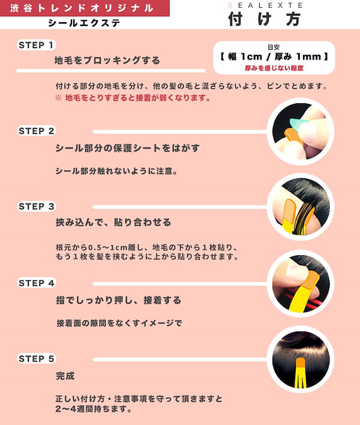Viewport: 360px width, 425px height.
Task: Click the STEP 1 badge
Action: click(36, 45)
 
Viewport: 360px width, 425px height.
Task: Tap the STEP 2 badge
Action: click(36, 131)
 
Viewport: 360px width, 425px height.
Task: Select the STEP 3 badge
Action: click(36, 206)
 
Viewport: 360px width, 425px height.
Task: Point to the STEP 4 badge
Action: click(36, 283)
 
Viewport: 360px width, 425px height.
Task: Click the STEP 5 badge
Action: click(36, 358)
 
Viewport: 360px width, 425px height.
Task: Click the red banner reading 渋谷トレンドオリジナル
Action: click(85, 8)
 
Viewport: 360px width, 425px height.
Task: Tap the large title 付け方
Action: click(265, 19)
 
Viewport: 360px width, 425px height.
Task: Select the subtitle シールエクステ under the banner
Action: click(84, 23)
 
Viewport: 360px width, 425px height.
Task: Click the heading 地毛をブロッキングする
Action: click(107, 60)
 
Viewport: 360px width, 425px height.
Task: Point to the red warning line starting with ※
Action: click(133, 98)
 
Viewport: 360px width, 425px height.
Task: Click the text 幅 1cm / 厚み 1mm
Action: click(274, 56)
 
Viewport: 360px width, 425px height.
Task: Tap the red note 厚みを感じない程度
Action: click(274, 68)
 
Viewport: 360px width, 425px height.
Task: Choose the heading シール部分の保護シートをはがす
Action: click(128, 148)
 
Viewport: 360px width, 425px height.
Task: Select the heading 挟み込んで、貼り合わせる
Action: click(113, 222)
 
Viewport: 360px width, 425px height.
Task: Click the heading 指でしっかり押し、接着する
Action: click(119, 300)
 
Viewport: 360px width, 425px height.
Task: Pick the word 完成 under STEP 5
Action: click(65, 376)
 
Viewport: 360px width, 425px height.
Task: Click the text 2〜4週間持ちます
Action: click(93, 409)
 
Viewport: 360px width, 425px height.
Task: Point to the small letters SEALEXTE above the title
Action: click(265, 5)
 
